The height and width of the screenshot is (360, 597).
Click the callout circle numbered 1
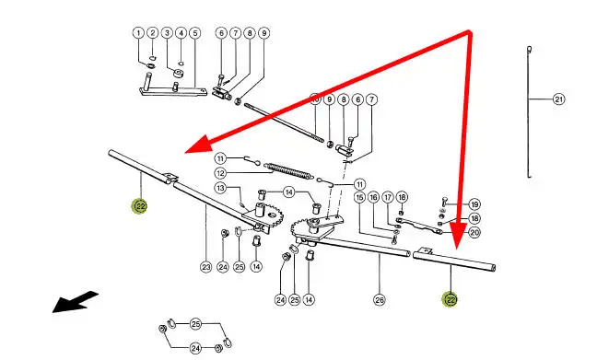click(138, 33)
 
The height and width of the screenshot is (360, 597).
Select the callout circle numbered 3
click(167, 33)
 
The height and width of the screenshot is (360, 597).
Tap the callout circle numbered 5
click(195, 33)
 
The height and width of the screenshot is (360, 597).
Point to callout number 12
click(220, 173)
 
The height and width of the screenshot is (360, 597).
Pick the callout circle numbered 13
click(220, 188)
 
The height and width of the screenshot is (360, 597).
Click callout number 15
click(359, 198)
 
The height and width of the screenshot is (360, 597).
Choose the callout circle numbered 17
click(388, 198)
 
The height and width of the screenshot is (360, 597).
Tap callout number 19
click(474, 204)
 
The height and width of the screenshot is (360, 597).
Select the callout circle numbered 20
click(474, 233)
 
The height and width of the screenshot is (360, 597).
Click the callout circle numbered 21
click(558, 99)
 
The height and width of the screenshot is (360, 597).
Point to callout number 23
click(206, 267)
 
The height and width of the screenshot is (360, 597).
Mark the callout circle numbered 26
click(380, 300)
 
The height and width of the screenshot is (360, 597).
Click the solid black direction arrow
click(75, 302)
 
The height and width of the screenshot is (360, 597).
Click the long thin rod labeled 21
click(529, 112)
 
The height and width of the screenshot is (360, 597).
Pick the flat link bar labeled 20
click(419, 226)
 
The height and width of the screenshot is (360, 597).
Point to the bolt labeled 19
click(444, 202)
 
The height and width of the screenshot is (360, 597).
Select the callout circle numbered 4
click(181, 33)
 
